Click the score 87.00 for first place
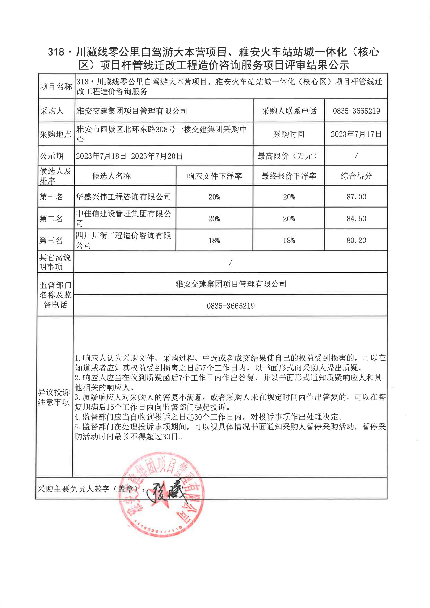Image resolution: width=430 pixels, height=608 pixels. [x=356, y=197]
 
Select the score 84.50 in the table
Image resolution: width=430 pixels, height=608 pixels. [x=356, y=218]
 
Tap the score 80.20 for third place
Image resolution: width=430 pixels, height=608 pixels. [x=356, y=240]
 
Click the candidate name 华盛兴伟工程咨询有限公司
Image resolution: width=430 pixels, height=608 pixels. [x=124, y=197]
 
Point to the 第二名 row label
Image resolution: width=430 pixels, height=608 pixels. [x=51, y=218]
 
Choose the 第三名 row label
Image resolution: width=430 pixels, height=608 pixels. [x=51, y=240]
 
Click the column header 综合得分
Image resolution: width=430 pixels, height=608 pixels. [x=356, y=176]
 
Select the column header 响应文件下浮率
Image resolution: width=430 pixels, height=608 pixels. [x=214, y=176]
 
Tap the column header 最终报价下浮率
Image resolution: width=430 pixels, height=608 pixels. [x=289, y=176]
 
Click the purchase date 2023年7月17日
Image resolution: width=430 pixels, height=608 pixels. [x=356, y=134]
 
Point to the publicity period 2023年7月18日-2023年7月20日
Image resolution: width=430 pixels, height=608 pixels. [x=129, y=156]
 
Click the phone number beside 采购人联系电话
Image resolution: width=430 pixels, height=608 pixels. [x=356, y=111]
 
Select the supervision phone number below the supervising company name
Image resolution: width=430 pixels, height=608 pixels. [x=231, y=306]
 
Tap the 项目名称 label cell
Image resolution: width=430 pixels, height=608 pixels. [x=56, y=86]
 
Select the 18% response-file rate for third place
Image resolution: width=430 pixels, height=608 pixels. [x=214, y=241]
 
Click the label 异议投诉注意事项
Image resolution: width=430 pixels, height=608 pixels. [x=54, y=397]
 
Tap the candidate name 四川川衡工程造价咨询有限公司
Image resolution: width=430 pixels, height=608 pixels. [x=124, y=240]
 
